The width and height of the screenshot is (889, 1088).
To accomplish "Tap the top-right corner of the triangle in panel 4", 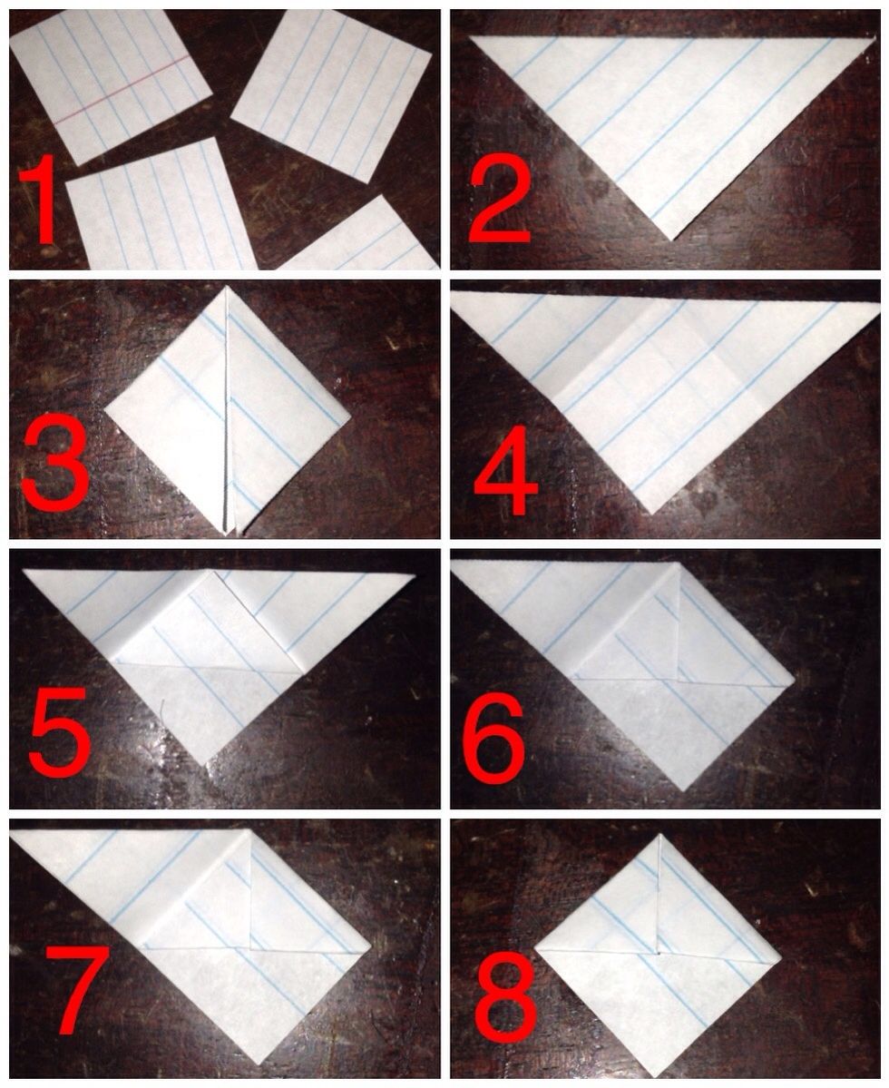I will [x=878, y=304].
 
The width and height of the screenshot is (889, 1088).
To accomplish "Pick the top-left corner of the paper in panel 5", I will [x=24, y=570].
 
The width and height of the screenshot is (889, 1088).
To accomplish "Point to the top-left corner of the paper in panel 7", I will [x=13, y=830].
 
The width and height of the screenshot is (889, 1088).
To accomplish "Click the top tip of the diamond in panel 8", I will [x=659, y=836].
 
